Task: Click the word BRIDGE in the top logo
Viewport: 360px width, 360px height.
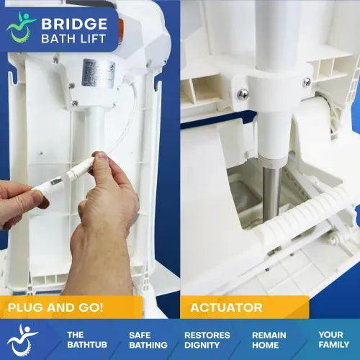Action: pyautogui.click(x=74, y=24)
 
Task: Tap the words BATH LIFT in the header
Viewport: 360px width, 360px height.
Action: pyautogui.click(x=73, y=39)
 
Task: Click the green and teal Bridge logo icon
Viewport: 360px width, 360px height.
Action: pyautogui.click(x=21, y=27)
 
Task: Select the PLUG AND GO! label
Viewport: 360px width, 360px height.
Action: pyautogui.click(x=55, y=307)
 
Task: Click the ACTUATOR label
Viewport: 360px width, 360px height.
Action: pyautogui.click(x=226, y=307)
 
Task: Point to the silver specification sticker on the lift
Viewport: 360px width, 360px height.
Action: pyautogui.click(x=99, y=73)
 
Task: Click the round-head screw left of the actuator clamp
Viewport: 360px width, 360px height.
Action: pyautogui.click(x=243, y=94)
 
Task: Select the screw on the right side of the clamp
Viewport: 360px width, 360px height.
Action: pyautogui.click(x=307, y=82)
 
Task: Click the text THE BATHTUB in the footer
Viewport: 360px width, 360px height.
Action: pyautogui.click(x=87, y=340)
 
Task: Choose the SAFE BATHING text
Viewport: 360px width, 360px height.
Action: pyautogui.click(x=148, y=340)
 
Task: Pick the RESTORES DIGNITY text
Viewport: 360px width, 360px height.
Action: pyautogui.click(x=207, y=340)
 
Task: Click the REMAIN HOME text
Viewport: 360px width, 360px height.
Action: pyautogui.click(x=269, y=340)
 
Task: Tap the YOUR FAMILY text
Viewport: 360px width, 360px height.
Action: pyautogui.click(x=334, y=340)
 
